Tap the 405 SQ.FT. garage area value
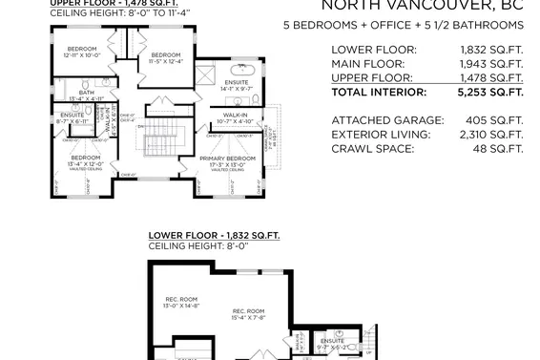coord(495,120)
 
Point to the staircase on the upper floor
coord(156,144)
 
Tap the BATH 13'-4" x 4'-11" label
coord(87,95)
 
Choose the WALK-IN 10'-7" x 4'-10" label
coord(231,118)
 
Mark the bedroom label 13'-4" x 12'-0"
coord(85,160)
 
